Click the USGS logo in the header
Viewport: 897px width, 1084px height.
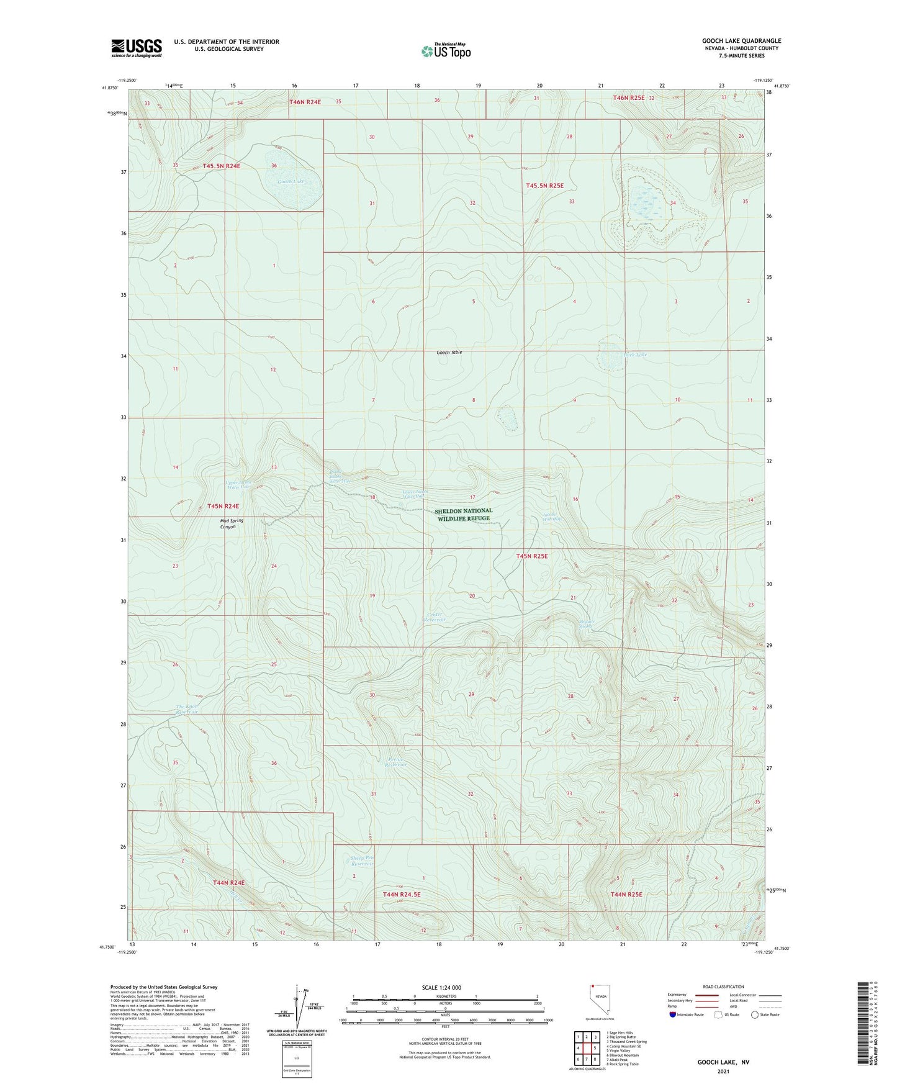point(136,48)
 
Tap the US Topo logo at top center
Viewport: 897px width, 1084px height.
point(446,51)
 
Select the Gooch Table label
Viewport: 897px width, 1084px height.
point(449,353)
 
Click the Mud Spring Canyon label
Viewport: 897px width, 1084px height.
point(228,524)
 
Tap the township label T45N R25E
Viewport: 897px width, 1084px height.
point(532,556)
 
